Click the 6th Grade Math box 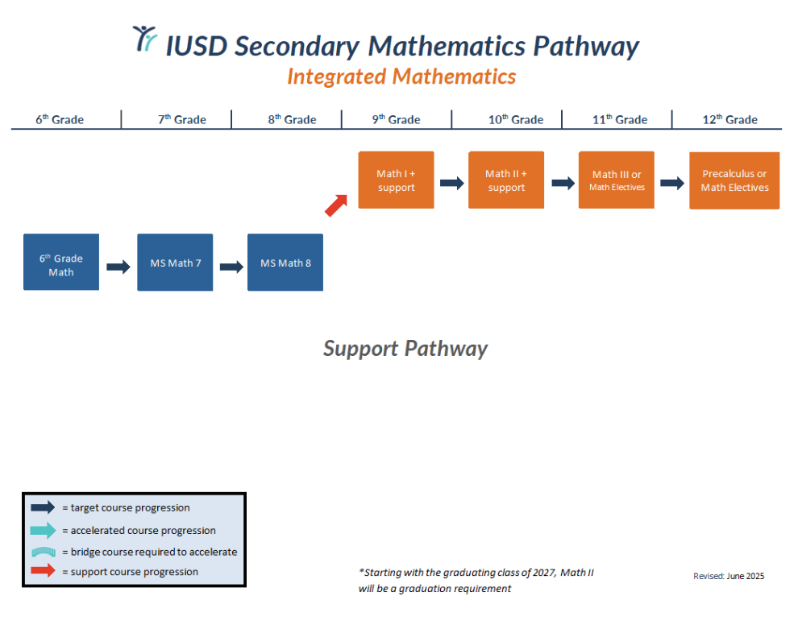(61, 262)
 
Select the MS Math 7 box (175, 263)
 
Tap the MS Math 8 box (285, 263)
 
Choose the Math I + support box (396, 180)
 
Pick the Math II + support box (506, 180)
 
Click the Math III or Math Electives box (617, 180)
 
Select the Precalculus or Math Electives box (734, 180)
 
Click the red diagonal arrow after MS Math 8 (336, 205)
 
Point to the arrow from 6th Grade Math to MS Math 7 (118, 267)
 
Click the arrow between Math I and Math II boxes (451, 183)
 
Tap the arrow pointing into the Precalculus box (672, 183)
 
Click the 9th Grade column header (396, 119)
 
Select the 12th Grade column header (729, 119)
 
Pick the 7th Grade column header (181, 119)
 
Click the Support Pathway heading (405, 349)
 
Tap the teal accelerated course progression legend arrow (44, 530)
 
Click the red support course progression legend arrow (44, 571)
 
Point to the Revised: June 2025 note (729, 576)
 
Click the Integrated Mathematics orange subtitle (401, 77)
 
